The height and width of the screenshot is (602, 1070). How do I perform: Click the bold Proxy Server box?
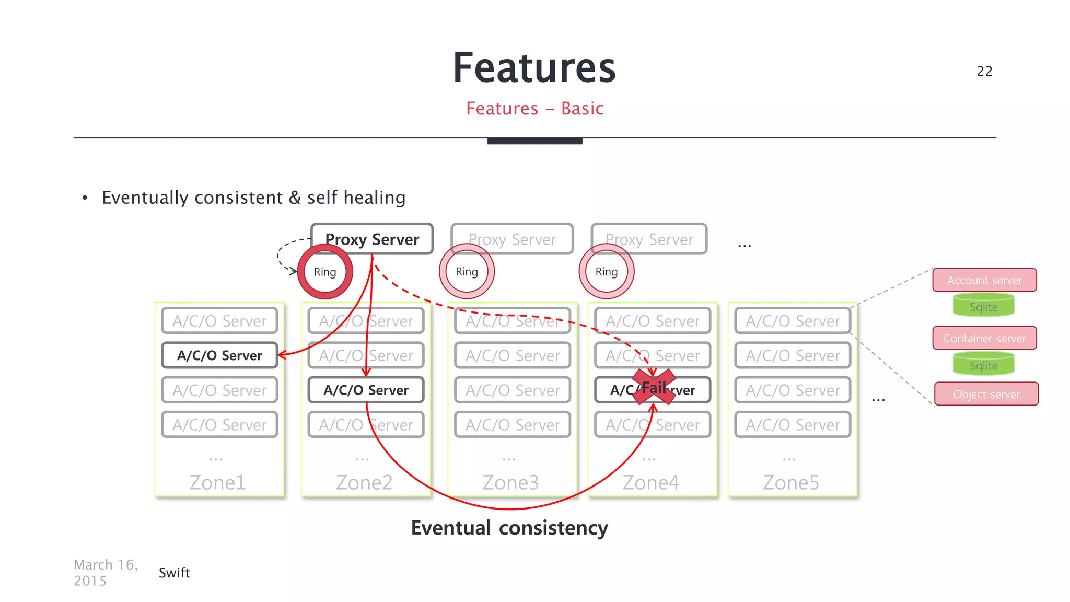click(372, 239)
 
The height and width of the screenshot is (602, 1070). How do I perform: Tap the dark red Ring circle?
click(325, 272)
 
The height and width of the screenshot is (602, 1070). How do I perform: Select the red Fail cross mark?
click(654, 387)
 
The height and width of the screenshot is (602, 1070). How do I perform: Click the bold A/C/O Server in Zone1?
click(219, 355)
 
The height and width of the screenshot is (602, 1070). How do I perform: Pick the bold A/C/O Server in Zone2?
click(366, 390)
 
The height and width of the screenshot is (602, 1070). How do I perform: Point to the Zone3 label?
click(510, 482)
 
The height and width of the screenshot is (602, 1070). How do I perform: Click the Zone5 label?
click(790, 482)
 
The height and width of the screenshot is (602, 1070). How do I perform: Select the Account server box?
click(984, 280)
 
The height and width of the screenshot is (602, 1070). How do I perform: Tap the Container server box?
click(984, 338)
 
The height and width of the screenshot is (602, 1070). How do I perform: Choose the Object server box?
click(986, 394)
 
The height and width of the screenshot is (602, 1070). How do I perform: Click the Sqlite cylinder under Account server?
click(983, 306)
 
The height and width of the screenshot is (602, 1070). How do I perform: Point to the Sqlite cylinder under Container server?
click(983, 365)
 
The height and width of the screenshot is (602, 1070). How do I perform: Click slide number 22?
click(984, 71)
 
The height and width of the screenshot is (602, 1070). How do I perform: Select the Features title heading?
click(534, 68)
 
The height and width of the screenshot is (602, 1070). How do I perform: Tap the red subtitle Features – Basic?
click(534, 108)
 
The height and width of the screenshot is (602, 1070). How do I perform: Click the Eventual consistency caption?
click(509, 528)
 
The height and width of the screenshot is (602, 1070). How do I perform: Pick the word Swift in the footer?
click(174, 573)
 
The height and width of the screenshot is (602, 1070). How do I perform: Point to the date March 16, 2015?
click(106, 573)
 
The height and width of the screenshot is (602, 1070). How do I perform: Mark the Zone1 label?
click(217, 482)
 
